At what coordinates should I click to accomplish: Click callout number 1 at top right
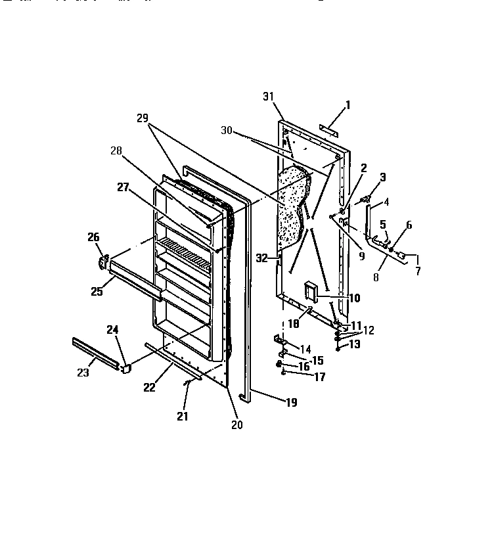[x=348, y=104]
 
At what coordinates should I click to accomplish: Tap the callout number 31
[x=268, y=97]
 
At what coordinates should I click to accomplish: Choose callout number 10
[x=354, y=298]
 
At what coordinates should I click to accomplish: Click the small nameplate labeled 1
[x=328, y=130]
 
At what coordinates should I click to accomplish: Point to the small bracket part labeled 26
[x=102, y=261]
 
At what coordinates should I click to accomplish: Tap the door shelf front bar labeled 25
[x=135, y=277]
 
